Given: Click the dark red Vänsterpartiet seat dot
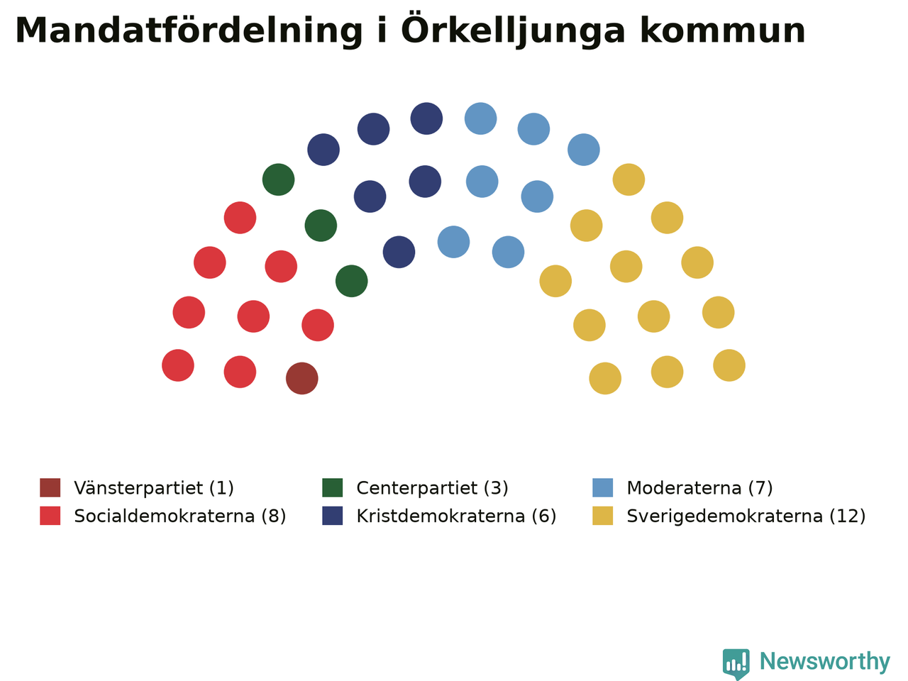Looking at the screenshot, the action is (x=302, y=378).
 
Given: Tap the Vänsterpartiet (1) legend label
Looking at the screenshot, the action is (x=154, y=488).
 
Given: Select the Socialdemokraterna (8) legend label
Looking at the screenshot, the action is (x=180, y=516).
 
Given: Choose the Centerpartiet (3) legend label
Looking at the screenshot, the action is (x=432, y=488).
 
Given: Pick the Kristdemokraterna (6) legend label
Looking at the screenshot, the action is (x=456, y=516).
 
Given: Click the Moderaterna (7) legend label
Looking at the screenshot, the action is (x=699, y=488).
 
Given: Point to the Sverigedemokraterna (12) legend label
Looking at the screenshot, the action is (x=746, y=516).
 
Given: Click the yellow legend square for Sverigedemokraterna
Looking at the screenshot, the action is (x=603, y=516).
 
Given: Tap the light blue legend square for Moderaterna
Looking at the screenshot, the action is (x=603, y=488).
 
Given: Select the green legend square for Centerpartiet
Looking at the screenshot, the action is (x=333, y=488).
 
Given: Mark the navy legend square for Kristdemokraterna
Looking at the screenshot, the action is (x=333, y=516).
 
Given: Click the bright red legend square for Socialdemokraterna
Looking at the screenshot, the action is (x=50, y=516).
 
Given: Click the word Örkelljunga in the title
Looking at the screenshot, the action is (x=513, y=31).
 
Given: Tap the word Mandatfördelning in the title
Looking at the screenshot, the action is (x=189, y=31).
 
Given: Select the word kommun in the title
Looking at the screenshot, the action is (x=723, y=31).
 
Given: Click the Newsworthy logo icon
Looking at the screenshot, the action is (x=736, y=663).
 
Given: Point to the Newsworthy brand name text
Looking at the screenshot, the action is (x=825, y=661).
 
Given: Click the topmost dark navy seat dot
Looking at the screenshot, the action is (x=426, y=118).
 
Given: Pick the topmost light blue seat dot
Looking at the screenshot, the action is (x=481, y=118).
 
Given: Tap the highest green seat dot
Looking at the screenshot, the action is (x=278, y=179).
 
